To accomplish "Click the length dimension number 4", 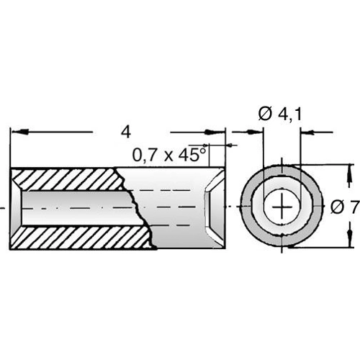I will (127, 132).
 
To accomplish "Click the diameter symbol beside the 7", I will (337, 207).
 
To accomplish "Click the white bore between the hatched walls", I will (72, 207).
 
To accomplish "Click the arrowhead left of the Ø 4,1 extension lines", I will (256, 132).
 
